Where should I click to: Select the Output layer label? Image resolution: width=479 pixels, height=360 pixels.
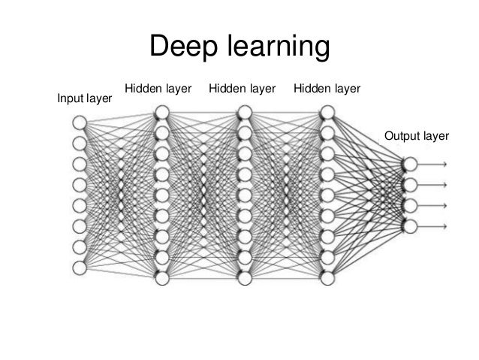416,135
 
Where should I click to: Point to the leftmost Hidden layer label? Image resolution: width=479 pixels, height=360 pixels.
158,89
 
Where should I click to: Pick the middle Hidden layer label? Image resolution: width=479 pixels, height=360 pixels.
242,89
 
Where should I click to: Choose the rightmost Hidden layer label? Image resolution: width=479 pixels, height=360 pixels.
327,89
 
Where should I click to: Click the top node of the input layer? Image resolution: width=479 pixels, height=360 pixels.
79,122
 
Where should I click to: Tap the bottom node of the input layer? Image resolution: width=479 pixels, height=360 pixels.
79,267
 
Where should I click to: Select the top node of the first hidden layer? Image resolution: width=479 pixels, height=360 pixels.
161,113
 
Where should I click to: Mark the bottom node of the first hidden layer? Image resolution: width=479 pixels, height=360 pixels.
161,278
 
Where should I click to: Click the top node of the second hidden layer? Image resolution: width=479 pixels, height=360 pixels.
244,113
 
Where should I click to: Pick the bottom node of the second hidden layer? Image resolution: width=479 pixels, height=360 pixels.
244,278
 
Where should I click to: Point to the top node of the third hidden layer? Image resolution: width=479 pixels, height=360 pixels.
327,113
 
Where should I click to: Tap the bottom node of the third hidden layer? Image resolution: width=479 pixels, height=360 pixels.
327,278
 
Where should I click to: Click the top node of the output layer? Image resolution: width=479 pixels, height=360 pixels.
409,164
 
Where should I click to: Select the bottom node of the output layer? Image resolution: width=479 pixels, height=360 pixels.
409,225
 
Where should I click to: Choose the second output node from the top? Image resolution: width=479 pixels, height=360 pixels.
409,184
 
